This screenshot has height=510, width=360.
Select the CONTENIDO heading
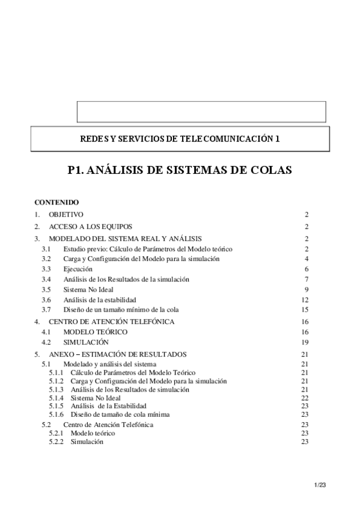coord(53,203)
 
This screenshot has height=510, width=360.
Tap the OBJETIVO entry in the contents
coord(66,215)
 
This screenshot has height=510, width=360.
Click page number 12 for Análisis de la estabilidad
coord(305,300)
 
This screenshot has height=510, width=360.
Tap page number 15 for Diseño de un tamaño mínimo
coord(305,310)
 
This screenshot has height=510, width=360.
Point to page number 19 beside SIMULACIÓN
coord(305,342)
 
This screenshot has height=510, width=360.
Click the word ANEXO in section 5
coord(64,354)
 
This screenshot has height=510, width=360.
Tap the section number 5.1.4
coord(57,398)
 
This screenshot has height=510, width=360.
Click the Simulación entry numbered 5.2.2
coord(87,442)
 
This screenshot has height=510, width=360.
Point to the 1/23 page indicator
coord(320,484)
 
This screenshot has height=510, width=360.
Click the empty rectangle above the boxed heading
coord(201,112)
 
